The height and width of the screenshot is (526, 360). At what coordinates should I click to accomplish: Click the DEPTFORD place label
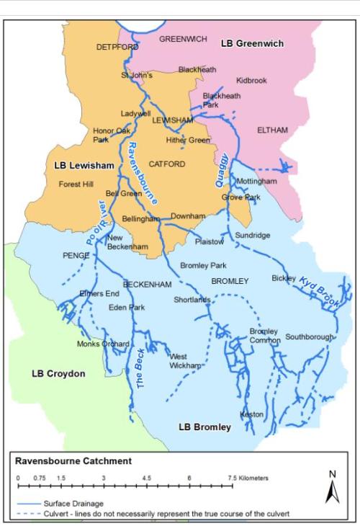pyautogui.click(x=117, y=47)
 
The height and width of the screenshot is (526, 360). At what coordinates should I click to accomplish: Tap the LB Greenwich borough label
pyautogui.click(x=252, y=44)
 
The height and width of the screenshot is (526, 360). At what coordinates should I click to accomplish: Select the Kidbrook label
pyautogui.click(x=251, y=81)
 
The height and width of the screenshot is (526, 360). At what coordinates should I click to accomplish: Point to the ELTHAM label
pyautogui.click(x=272, y=130)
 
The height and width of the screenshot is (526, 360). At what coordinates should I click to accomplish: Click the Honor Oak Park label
pyautogui.click(x=111, y=135)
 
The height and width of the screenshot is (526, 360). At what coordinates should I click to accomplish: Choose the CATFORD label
pyautogui.click(x=167, y=164)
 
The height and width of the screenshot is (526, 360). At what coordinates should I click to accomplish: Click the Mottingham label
pyautogui.click(x=256, y=182)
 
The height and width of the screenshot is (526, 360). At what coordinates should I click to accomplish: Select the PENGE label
pyautogui.click(x=76, y=255)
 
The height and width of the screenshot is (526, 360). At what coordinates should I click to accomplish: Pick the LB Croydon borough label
pyautogui.click(x=58, y=374)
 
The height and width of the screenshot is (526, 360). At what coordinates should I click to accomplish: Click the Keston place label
pyautogui.click(x=252, y=414)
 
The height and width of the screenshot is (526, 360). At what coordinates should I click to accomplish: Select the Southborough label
pyautogui.click(x=310, y=336)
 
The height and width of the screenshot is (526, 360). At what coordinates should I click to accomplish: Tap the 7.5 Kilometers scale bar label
pyautogui.click(x=248, y=478)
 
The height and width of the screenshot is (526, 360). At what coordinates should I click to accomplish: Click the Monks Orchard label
pyautogui.click(x=103, y=344)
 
